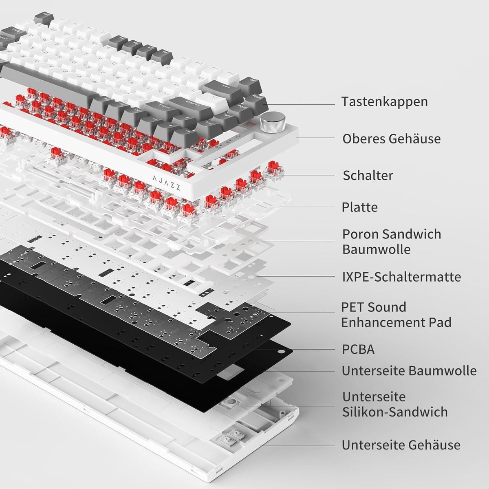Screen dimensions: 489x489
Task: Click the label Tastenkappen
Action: (385, 101)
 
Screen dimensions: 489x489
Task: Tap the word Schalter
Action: (368, 176)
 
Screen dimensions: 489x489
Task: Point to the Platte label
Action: (359, 207)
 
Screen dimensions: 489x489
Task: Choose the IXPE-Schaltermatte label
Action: (401, 277)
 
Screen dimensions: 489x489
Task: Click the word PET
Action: (353, 307)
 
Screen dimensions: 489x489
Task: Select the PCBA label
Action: (358, 350)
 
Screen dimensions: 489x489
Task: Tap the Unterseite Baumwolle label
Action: (409, 371)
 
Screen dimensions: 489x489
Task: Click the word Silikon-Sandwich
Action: (394, 412)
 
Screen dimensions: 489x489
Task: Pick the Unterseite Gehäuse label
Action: (401, 445)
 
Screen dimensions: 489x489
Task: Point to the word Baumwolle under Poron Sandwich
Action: (376, 249)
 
